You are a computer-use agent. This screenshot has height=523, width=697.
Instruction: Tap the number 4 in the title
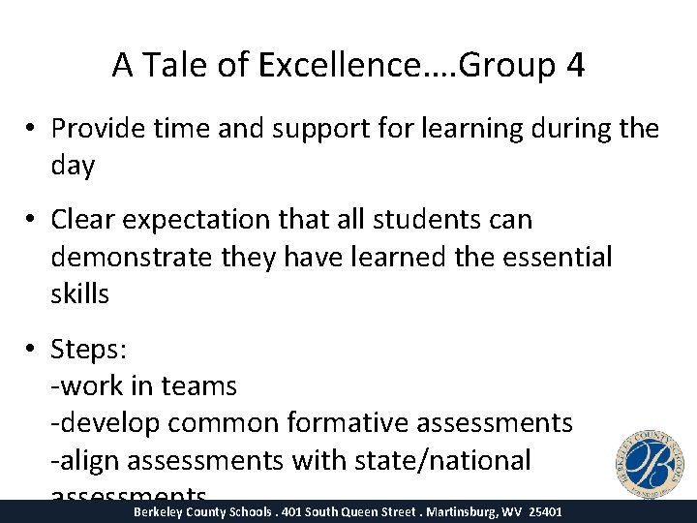[574, 65]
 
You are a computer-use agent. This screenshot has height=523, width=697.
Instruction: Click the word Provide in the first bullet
[97, 128]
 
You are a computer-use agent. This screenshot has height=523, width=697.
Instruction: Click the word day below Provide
[73, 166]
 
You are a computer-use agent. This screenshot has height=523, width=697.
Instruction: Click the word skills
[79, 293]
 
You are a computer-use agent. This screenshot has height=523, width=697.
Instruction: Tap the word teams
[199, 385]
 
